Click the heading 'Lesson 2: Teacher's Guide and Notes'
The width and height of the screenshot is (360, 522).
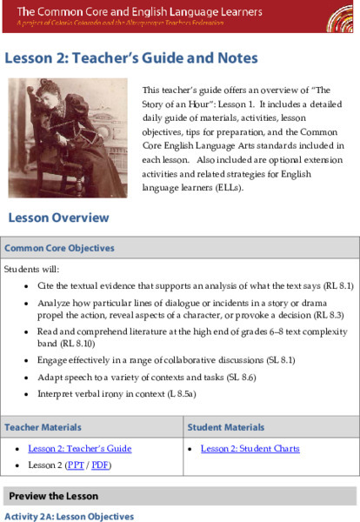pos(131,58)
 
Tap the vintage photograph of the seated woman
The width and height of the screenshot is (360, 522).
pos(67,137)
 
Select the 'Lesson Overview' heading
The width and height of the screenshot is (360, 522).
pos(59,217)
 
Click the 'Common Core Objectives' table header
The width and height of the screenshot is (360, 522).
pos(53,248)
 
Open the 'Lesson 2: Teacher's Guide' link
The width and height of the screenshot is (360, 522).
pos(79,449)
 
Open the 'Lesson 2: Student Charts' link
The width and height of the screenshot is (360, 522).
pos(250,449)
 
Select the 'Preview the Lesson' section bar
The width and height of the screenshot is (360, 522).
pos(53,496)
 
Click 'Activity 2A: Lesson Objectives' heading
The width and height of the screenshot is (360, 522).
pos(70,516)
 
